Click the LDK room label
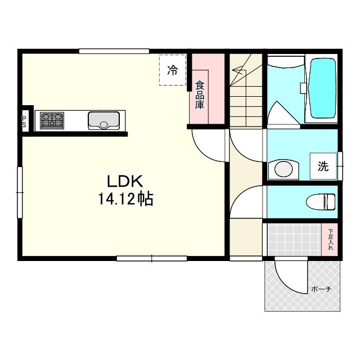[127, 181]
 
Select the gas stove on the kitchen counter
[52, 120]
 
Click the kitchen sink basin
[103, 120]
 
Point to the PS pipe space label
[24, 120]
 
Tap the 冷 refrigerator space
[172, 70]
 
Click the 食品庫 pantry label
[200, 94]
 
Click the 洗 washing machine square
[323, 166]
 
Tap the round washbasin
[285, 169]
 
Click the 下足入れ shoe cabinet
[330, 240]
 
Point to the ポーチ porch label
[321, 290]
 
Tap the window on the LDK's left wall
[20, 192]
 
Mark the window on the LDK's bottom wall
[151, 259]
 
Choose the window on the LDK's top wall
[114, 52]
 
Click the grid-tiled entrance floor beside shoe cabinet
[292, 240]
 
